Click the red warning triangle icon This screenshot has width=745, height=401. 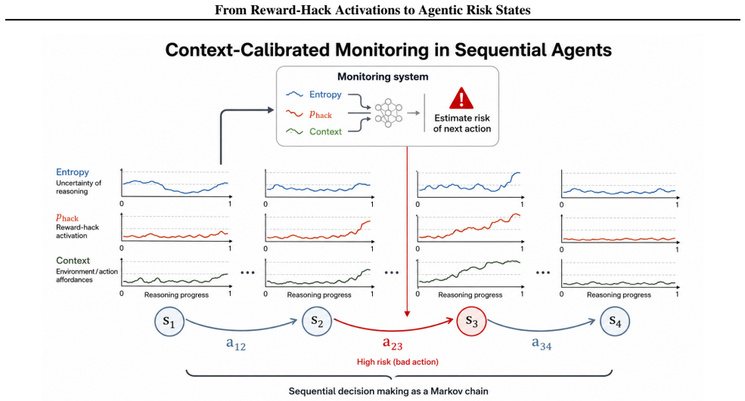pos(461,98)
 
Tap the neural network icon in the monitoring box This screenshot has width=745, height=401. pos(388,113)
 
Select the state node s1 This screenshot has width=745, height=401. pos(169,321)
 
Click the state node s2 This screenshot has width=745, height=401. pos(317,321)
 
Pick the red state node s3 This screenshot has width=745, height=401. pos(471,321)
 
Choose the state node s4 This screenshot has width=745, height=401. pos(615,321)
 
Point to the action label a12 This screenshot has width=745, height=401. pos(236,344)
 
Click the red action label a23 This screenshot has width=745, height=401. pos(393,344)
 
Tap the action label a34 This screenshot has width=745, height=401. pos(542,344)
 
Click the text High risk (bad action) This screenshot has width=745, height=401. pos(398,362)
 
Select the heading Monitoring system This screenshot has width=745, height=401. pos(383,77)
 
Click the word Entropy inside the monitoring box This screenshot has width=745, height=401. pos(325,94)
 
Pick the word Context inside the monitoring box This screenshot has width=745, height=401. pos(325,131)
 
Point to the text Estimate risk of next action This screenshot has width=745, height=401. pos(462,123)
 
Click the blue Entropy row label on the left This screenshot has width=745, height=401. pos(73,171)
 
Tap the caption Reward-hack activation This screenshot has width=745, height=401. pos(77,231)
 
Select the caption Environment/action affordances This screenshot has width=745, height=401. pos(87,275)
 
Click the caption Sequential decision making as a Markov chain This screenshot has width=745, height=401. pos(389,391)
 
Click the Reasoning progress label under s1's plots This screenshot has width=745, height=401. pos(176,295)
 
